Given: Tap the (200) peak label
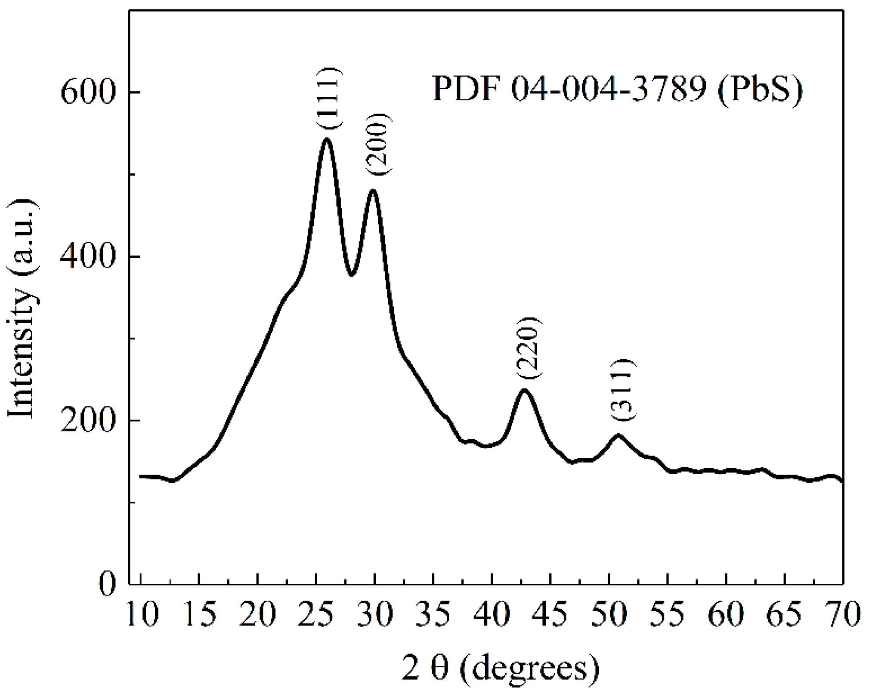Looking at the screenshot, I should pos(378,144).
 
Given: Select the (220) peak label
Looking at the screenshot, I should pos(528,348).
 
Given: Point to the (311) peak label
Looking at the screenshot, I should pos(623,390).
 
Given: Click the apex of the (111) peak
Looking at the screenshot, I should pos(327,139).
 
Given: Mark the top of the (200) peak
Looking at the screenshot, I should pos(373,191).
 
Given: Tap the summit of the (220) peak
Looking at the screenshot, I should pos(524,390).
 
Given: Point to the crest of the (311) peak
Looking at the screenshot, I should pos(618,435).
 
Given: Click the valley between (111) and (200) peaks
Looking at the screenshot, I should pos(352,274).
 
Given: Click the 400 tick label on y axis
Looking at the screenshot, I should pos(88,256).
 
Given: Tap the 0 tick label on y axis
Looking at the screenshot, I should pos(108,584).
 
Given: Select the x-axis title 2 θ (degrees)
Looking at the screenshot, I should pos(500,668).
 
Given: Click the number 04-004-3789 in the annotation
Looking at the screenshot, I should pos(609,89).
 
